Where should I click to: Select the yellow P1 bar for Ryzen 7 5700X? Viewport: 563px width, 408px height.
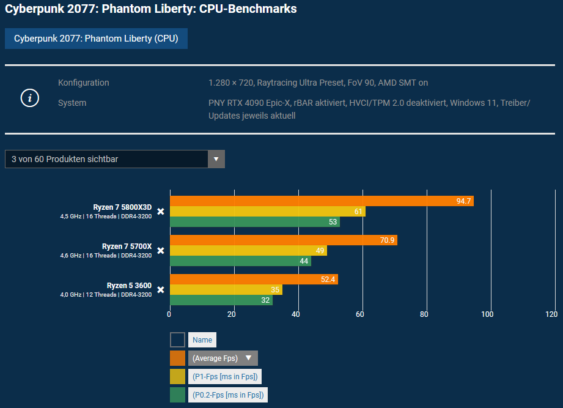(248, 251)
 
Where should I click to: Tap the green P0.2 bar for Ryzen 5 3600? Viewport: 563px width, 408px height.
(221, 300)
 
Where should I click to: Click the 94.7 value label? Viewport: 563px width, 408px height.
(464, 201)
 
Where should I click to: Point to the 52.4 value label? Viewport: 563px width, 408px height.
(329, 280)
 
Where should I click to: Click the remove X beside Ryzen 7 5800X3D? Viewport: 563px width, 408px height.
(161, 212)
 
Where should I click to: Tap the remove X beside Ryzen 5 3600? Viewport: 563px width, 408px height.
(161, 290)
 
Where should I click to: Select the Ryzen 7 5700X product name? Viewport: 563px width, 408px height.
(127, 247)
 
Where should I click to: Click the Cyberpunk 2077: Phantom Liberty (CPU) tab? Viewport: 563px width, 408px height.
(96, 39)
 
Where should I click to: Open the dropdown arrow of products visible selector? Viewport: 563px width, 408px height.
(216, 159)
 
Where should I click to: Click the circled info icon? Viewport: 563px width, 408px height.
(30, 98)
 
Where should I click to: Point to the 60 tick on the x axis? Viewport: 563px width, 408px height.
(360, 314)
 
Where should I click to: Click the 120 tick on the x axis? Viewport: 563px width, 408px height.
(551, 314)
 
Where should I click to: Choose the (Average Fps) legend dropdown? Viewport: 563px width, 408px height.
(223, 358)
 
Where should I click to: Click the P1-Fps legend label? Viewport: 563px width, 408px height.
(225, 377)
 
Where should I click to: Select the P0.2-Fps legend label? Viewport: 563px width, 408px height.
(227, 395)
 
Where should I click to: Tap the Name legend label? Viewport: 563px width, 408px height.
(202, 340)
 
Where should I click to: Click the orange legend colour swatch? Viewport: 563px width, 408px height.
(177, 358)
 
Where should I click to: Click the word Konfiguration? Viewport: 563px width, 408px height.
(84, 83)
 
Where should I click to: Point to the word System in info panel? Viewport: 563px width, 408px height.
(72, 103)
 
